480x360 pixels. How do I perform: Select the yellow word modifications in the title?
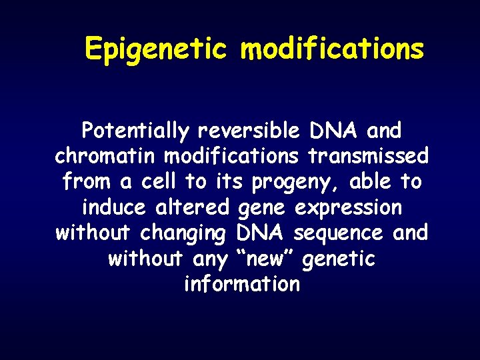(332, 50)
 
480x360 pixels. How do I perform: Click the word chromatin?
(106, 156)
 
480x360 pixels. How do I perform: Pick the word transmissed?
(369, 156)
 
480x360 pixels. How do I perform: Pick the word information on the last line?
(241, 285)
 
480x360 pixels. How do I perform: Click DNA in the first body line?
(333, 131)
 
